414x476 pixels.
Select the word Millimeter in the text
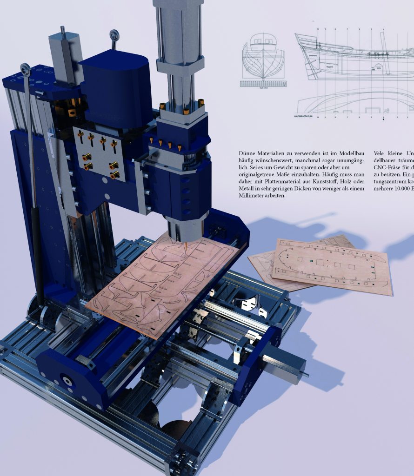pos(254,196)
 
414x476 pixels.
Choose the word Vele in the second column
pos(380,153)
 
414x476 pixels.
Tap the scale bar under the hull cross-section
pos(263,84)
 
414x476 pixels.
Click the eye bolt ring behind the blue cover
pos(114,35)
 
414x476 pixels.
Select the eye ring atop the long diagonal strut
pos(26,70)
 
